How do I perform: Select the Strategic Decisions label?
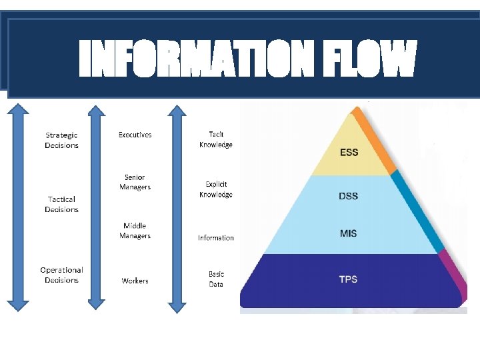[61, 141]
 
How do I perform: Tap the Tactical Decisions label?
[61, 204]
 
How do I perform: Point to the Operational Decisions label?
[61, 275]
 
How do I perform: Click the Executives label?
[135, 135]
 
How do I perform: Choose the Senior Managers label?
[135, 182]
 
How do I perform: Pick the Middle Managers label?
[135, 231]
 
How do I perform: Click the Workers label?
[135, 281]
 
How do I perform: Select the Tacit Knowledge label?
[216, 139]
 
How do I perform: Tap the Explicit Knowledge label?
[216, 189]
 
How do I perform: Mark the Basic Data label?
[216, 279]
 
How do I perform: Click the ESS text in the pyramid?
[349, 153]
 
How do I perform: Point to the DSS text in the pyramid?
[349, 195]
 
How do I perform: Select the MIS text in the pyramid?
[349, 233]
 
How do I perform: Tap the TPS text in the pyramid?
[348, 279]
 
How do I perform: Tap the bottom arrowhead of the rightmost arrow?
[177, 307]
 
